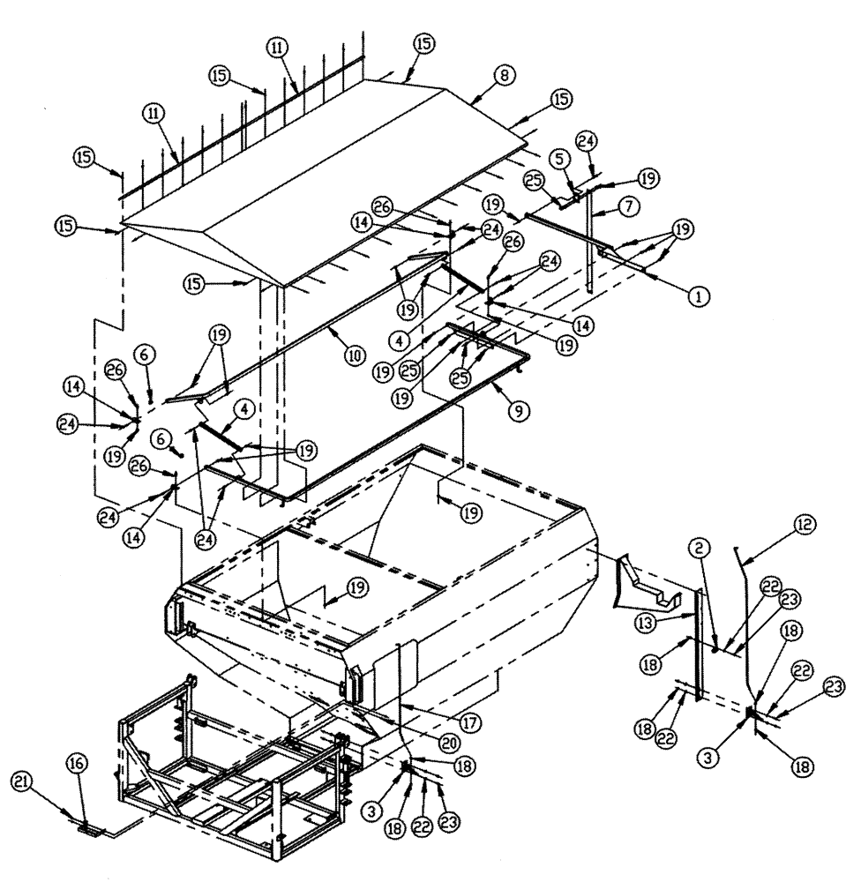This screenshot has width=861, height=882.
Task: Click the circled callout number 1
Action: click(698, 297)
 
